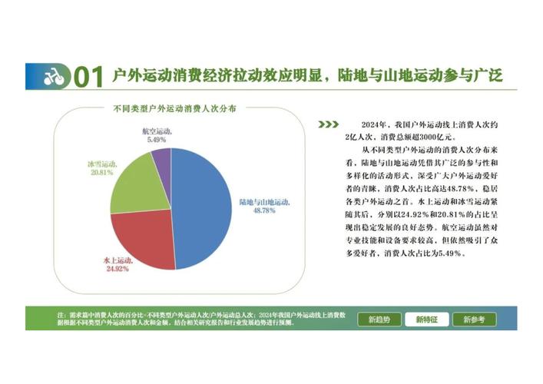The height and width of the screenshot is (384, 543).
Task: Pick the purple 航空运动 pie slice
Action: (161, 160)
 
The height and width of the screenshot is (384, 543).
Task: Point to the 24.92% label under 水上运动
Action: (115, 270)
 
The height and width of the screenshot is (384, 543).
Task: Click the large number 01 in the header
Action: (88, 77)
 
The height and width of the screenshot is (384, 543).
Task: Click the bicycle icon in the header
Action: (53, 77)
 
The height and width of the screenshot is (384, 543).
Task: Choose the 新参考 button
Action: (469, 319)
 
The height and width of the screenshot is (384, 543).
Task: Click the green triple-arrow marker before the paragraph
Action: (328, 124)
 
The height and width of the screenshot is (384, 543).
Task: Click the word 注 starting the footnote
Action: (61, 315)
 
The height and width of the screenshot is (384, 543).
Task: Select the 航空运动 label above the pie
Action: (158, 131)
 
